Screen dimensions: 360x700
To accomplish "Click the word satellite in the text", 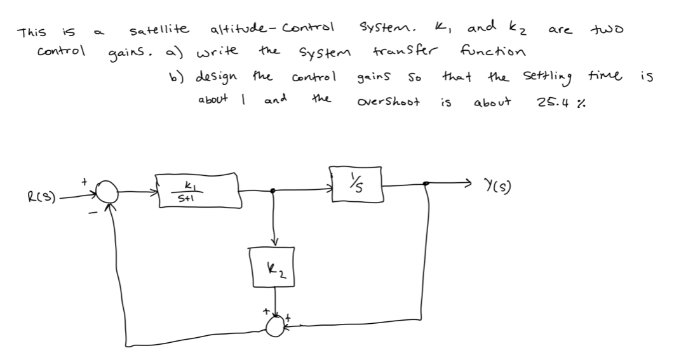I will [x=159, y=29].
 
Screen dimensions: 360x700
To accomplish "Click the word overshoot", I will [x=388, y=102].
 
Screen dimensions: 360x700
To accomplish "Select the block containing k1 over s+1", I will [x=198, y=189].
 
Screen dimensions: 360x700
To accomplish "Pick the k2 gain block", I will [x=275, y=267].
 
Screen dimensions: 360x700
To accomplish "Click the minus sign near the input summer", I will [x=93, y=214].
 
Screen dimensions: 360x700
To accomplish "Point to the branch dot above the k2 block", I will [x=274, y=190].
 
